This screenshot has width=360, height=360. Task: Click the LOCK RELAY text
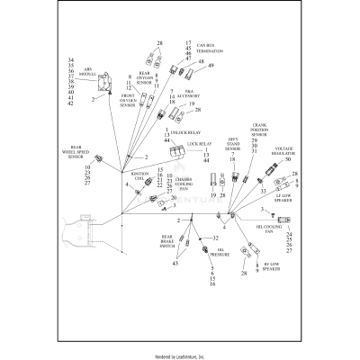click(199, 143)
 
